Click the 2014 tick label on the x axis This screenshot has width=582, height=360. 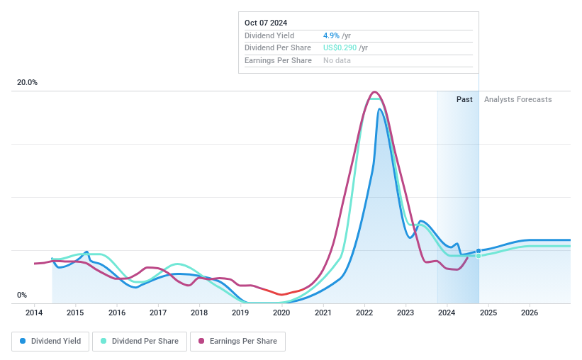point(34,313)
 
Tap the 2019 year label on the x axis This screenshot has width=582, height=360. point(240,313)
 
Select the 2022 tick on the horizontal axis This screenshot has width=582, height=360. point(364,313)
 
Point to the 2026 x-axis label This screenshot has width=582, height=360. point(530,313)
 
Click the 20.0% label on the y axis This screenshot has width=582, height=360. point(27,83)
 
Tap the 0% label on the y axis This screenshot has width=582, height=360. point(22,296)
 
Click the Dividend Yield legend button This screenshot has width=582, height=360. point(50,342)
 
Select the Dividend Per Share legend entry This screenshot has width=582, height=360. point(140,342)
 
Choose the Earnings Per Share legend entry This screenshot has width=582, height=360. point(237,342)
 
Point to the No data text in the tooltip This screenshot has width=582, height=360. point(337,61)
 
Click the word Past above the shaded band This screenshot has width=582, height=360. point(464,100)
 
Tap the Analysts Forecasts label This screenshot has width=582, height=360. point(517,100)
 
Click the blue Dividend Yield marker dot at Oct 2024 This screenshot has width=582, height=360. point(479,251)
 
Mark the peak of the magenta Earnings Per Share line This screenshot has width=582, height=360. point(374,92)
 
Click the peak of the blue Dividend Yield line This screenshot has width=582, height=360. point(380,108)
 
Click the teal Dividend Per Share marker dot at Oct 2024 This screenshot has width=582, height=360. point(479,256)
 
